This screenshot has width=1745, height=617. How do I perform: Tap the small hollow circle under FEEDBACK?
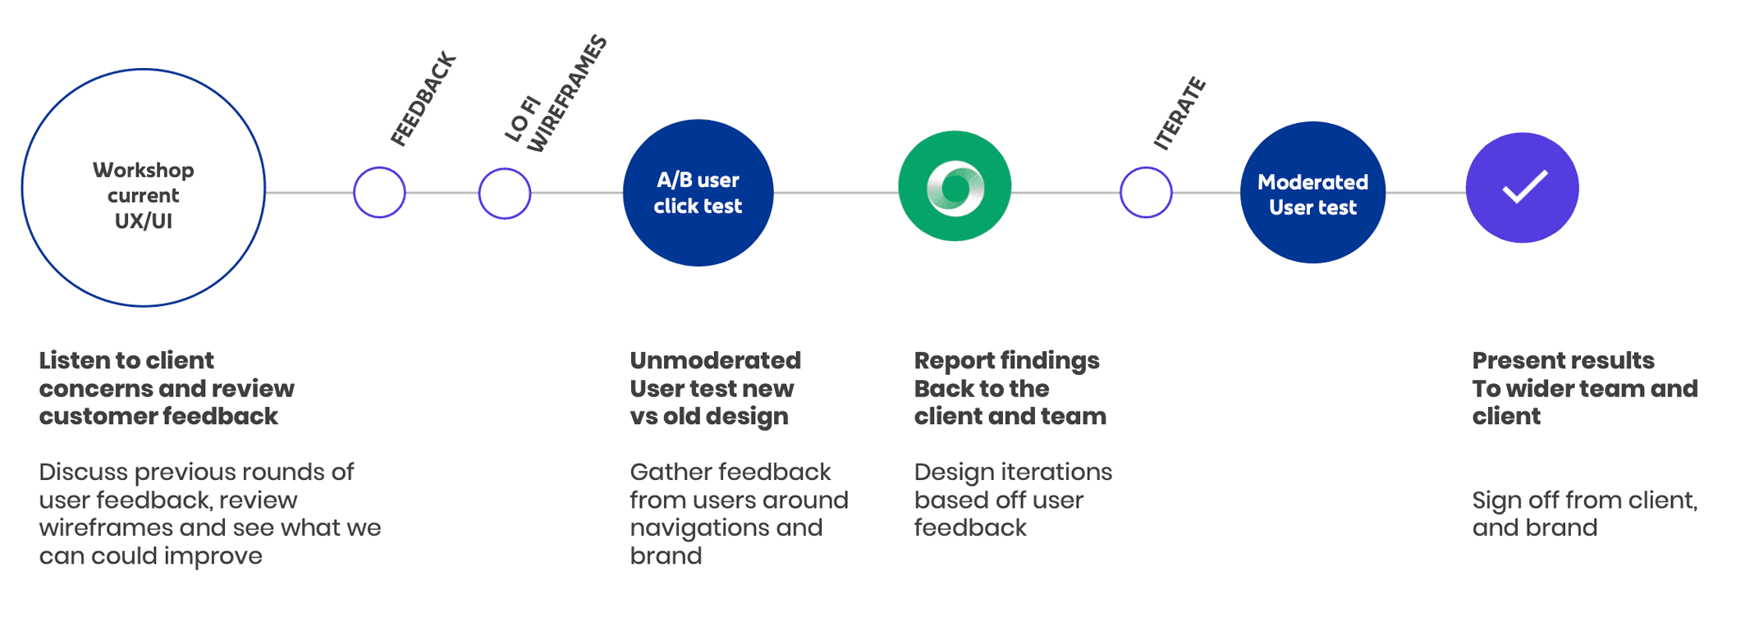(x=379, y=193)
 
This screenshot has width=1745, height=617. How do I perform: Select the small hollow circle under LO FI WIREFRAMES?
(x=505, y=194)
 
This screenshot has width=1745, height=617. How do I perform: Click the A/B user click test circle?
(x=698, y=193)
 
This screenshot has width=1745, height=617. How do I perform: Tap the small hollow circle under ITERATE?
(x=1146, y=193)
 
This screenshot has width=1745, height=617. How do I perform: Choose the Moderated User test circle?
(x=1312, y=194)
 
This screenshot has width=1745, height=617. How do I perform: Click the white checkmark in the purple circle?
(x=1524, y=187)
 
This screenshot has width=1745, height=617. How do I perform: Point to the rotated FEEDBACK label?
(x=424, y=100)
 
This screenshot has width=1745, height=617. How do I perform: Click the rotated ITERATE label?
(x=1180, y=113)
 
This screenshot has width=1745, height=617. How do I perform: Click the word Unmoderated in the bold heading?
(x=715, y=361)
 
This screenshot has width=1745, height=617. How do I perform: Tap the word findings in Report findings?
(x=1053, y=361)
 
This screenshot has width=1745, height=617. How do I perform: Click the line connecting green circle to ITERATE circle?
(x=1065, y=193)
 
